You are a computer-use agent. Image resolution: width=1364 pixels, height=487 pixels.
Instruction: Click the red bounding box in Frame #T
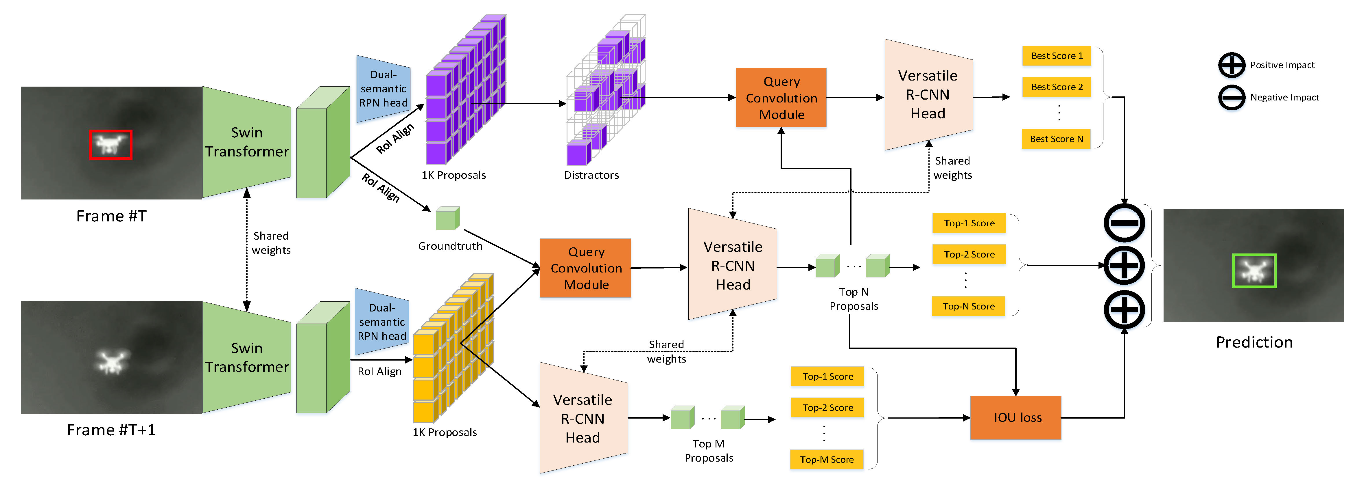pyautogui.click(x=111, y=144)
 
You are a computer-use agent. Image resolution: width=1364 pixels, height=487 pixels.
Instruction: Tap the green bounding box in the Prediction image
pyautogui.click(x=1254, y=271)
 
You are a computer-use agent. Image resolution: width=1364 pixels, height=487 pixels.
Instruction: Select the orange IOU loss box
pyautogui.click(x=1015, y=418)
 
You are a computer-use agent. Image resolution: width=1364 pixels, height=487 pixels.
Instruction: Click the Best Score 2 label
pyautogui.click(x=1056, y=87)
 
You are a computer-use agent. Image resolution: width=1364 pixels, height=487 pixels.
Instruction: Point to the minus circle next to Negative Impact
pyautogui.click(x=1232, y=97)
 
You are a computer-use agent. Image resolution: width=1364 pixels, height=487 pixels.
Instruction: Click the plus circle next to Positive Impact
pyautogui.click(x=1232, y=65)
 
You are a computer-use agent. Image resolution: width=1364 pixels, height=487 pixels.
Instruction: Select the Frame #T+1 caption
pyautogui.click(x=111, y=430)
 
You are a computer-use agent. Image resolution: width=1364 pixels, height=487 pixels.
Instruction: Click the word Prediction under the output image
pyautogui.click(x=1254, y=342)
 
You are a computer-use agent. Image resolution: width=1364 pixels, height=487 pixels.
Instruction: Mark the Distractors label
pyautogui.click(x=591, y=175)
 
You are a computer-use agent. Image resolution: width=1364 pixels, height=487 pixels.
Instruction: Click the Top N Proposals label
pyautogui.click(x=854, y=299)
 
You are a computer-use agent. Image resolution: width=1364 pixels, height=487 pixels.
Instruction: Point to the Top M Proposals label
pyautogui.click(x=709, y=451)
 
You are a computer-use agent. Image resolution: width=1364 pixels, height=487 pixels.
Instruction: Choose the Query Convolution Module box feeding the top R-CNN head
pyautogui.click(x=781, y=98)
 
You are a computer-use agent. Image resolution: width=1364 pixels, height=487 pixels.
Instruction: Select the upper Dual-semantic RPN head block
pyautogui.click(x=383, y=89)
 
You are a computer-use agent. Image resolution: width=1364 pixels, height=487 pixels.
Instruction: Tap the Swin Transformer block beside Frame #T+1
pyautogui.click(x=247, y=357)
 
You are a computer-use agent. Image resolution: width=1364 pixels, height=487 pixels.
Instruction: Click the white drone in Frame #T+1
pyautogui.click(x=111, y=361)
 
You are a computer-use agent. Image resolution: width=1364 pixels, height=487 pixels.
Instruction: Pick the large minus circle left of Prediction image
pyautogui.click(x=1124, y=223)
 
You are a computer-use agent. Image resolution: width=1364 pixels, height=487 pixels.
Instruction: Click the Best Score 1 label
pyautogui.click(x=1056, y=55)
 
